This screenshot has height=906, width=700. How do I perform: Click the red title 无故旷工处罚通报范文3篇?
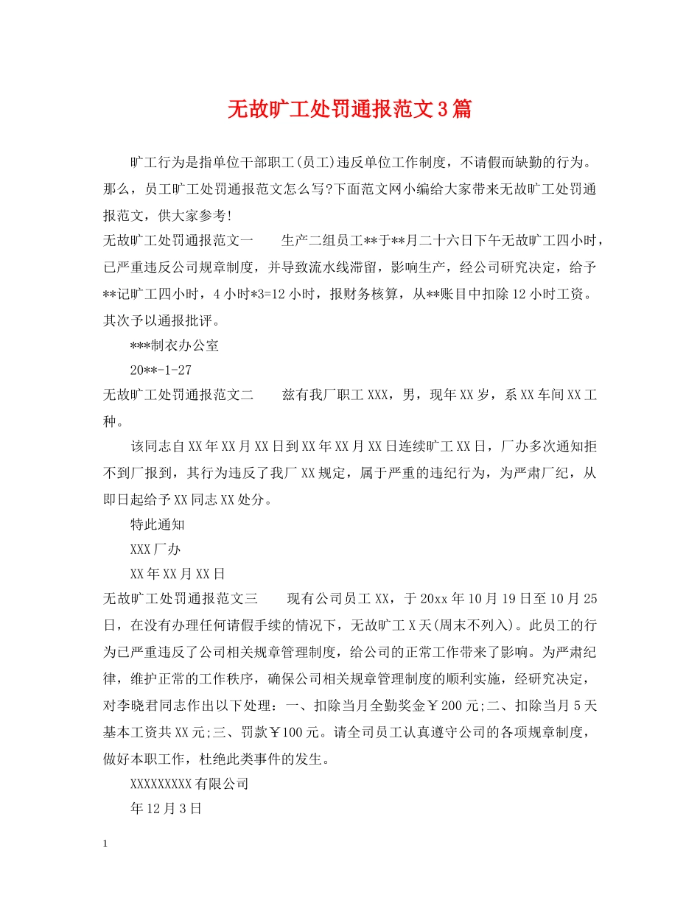(349, 110)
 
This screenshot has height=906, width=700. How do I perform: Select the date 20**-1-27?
(160, 371)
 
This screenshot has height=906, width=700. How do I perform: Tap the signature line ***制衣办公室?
(174, 345)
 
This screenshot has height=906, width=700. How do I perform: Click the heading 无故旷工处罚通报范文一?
(178, 241)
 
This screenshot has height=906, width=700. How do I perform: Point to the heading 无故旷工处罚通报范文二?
(178, 396)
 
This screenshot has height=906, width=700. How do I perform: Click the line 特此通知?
(157, 524)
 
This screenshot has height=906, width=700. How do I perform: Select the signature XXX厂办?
(155, 550)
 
